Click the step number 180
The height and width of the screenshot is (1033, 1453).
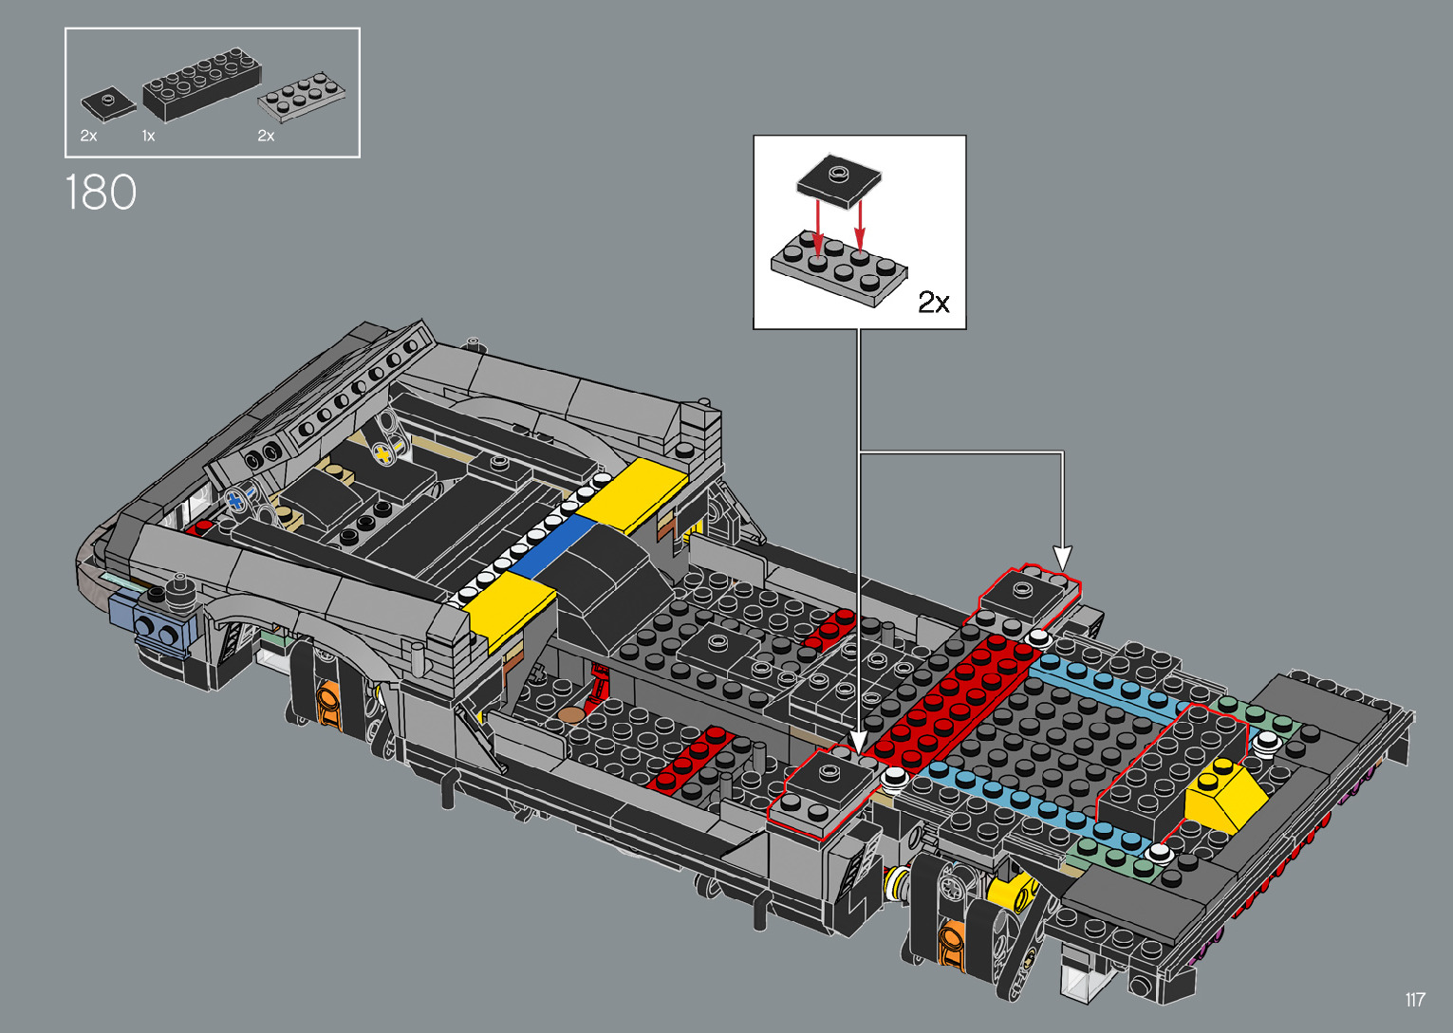[x=101, y=193]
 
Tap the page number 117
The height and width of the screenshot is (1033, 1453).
[x=1415, y=1000]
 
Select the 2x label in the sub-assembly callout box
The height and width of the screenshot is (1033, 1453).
[x=933, y=303]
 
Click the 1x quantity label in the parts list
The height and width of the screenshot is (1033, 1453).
[x=148, y=137]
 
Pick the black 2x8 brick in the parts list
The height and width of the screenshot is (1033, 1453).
[x=201, y=85]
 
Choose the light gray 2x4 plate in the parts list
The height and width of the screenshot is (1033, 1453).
[x=302, y=96]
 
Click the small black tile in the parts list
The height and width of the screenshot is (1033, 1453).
[x=108, y=102]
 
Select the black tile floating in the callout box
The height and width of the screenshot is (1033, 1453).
[x=838, y=179]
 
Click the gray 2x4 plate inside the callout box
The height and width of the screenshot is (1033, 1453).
[x=838, y=268]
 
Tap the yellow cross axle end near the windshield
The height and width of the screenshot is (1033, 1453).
[x=382, y=454]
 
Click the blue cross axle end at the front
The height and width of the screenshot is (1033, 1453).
[x=235, y=500]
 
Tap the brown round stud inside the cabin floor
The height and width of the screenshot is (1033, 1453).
[x=570, y=713]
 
